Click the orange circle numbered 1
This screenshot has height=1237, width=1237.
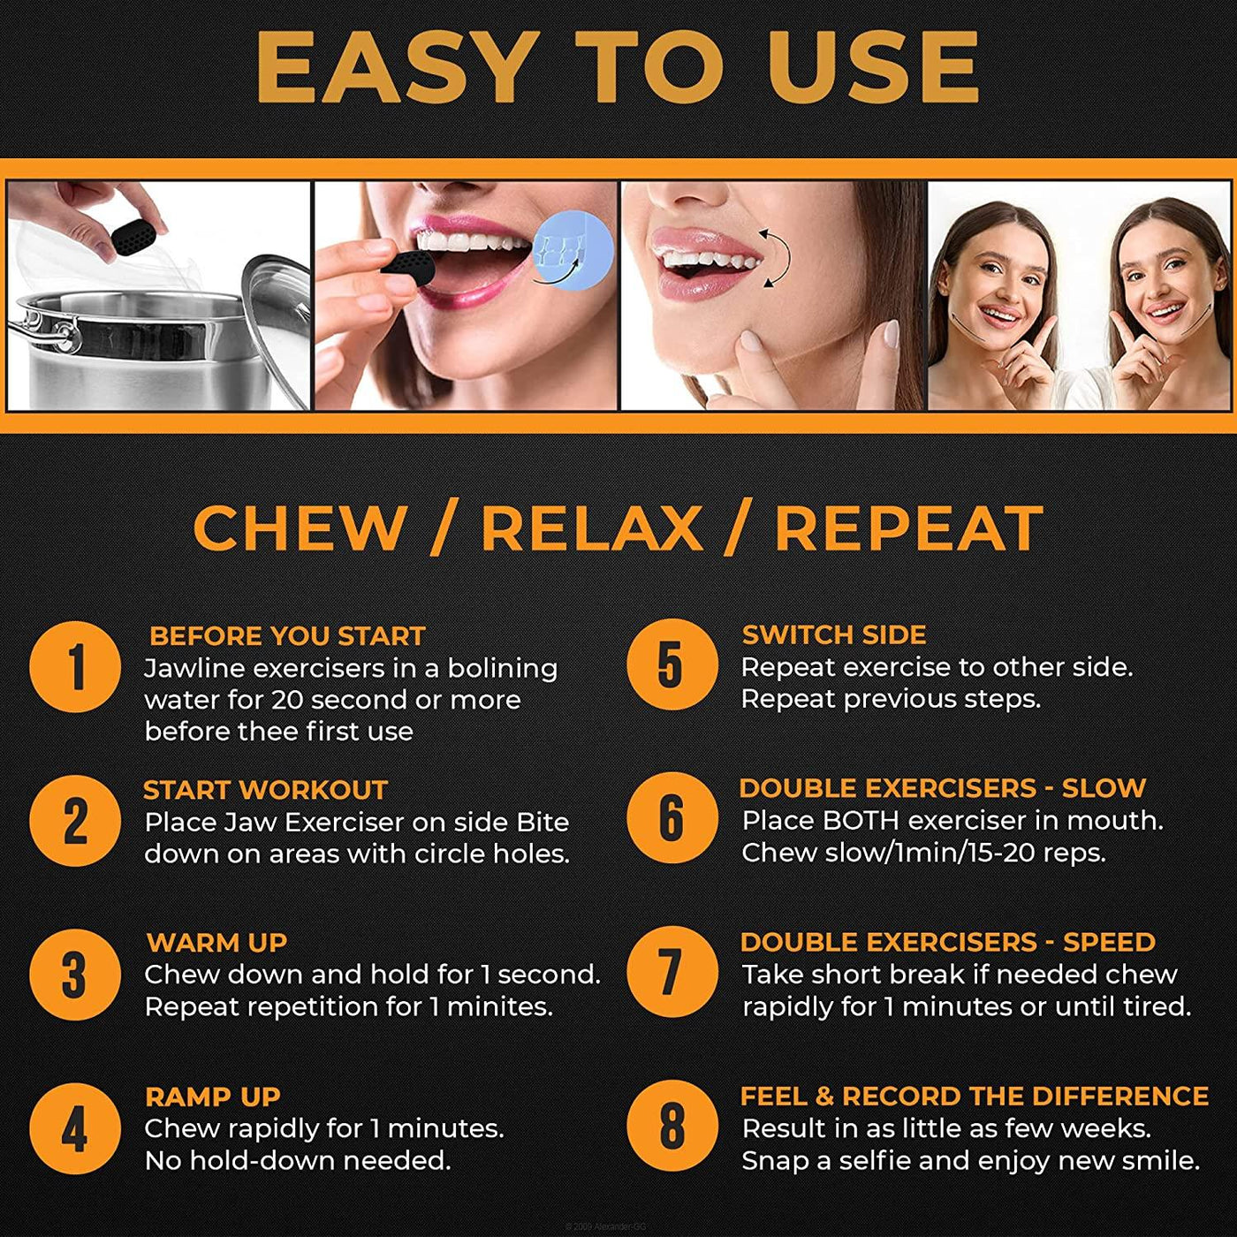click(x=75, y=667)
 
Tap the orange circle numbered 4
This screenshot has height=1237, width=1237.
click(x=75, y=1128)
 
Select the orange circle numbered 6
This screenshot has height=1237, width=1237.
click(x=672, y=817)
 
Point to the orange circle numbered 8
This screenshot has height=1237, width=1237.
click(x=672, y=1126)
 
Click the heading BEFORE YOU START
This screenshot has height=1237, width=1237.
click(x=287, y=636)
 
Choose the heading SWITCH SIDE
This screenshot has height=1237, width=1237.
click(x=833, y=634)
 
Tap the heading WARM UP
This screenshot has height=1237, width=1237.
click(x=216, y=943)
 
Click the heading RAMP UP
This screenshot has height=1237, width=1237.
click(x=212, y=1097)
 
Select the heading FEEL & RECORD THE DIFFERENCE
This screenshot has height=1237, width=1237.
click(x=974, y=1096)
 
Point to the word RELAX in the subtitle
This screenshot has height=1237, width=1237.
click(x=591, y=529)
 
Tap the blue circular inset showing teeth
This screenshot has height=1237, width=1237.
click(x=572, y=248)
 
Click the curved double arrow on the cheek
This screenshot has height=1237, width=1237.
click(x=772, y=257)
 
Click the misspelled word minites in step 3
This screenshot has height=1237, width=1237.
click(x=499, y=1006)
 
